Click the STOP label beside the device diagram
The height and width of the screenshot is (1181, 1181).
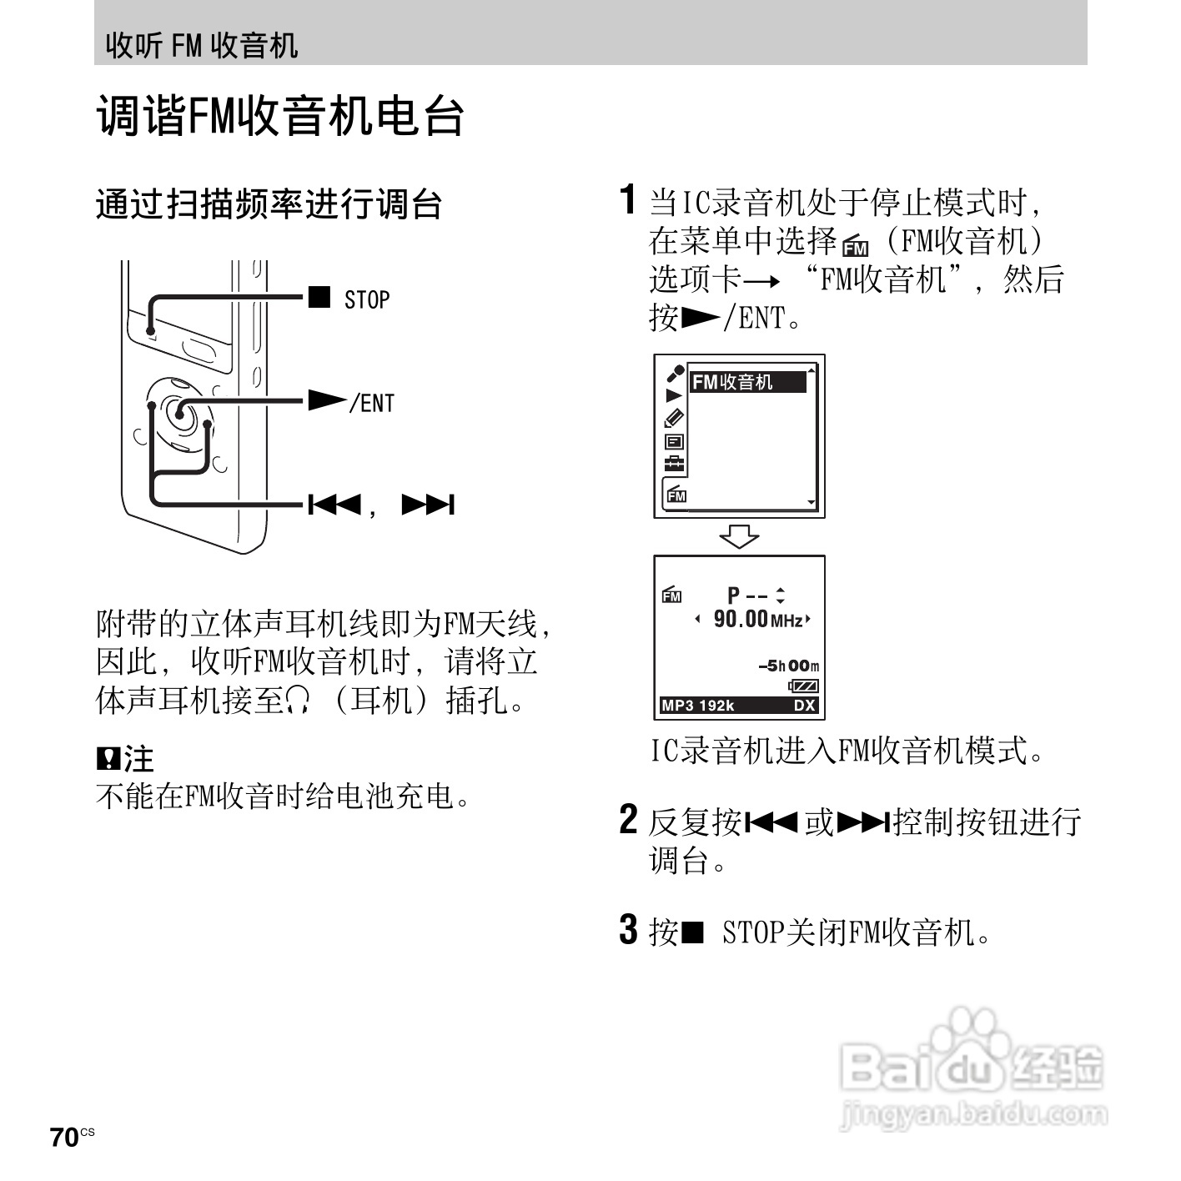(367, 299)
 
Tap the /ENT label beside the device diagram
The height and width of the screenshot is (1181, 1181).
(372, 403)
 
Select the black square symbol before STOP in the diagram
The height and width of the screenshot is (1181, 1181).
(319, 297)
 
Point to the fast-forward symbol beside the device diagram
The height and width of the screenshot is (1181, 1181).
(428, 505)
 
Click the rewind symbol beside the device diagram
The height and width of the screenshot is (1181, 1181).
(334, 505)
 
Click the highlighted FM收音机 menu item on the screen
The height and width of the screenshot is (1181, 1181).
(747, 382)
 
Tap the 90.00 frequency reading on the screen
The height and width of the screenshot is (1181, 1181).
(741, 619)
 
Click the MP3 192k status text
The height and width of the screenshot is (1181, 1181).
(698, 706)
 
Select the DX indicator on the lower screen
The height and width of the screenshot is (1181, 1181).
(804, 706)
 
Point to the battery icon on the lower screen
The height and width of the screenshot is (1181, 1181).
(804, 686)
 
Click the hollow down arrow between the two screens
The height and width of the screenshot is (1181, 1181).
(739, 536)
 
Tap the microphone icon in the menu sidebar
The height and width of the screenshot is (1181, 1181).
(674, 373)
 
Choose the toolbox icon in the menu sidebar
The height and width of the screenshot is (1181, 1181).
(674, 465)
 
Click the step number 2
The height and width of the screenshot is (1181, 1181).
(629, 819)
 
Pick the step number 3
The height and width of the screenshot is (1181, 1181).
(629, 929)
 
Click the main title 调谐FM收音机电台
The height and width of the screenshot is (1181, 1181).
(280, 115)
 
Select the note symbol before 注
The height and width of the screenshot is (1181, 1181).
(108, 758)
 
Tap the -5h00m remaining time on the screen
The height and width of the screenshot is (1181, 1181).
(788, 666)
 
